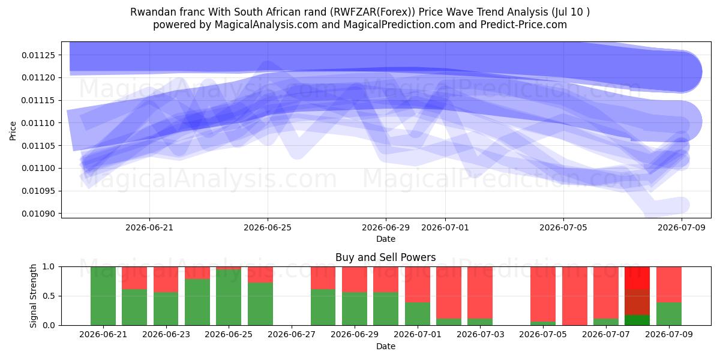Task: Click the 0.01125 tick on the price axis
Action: pyautogui.click(x=38, y=55)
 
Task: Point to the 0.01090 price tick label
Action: pyautogui.click(x=38, y=214)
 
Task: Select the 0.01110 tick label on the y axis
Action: pyautogui.click(x=38, y=123)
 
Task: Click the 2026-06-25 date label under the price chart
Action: pyautogui.click(x=268, y=227)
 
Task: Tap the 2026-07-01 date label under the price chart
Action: pyautogui.click(x=445, y=227)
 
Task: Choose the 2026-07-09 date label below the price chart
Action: pyautogui.click(x=682, y=227)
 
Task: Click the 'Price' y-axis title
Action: pyautogui.click(x=13, y=131)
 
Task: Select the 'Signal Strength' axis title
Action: pyautogui.click(x=33, y=296)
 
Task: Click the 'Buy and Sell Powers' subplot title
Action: pyautogui.click(x=386, y=257)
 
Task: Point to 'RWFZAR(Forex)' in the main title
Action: pyautogui.click(x=374, y=12)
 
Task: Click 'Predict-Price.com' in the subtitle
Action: pyautogui.click(x=524, y=25)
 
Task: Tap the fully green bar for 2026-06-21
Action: pyautogui.click(x=103, y=296)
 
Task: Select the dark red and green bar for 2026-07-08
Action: pyautogui.click(x=637, y=296)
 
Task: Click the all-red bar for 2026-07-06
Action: pyautogui.click(x=574, y=296)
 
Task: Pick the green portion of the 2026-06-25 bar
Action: pyautogui.click(x=229, y=298)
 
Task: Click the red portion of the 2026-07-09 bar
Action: pyautogui.click(x=669, y=284)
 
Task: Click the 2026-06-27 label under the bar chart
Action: pyautogui.click(x=292, y=334)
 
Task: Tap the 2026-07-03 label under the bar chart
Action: pyautogui.click(x=480, y=334)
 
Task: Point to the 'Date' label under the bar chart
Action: pyautogui.click(x=386, y=346)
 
